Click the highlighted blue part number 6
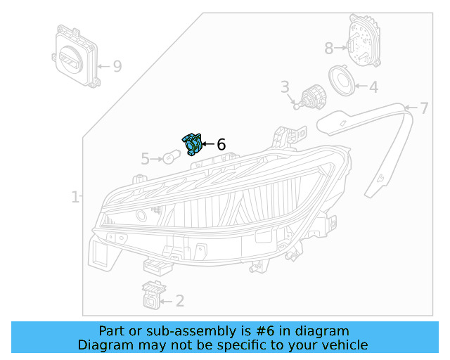tap(191, 143)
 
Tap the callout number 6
tap(221, 145)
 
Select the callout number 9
tap(117, 67)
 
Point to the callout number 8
tap(329, 49)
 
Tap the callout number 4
tap(373, 87)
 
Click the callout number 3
tap(285, 87)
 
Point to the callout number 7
tap(423, 108)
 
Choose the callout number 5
tap(145, 160)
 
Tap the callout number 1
tap(75, 198)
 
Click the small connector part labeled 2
tap(151, 295)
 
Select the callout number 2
tap(180, 302)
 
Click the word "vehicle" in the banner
tap(343, 345)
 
